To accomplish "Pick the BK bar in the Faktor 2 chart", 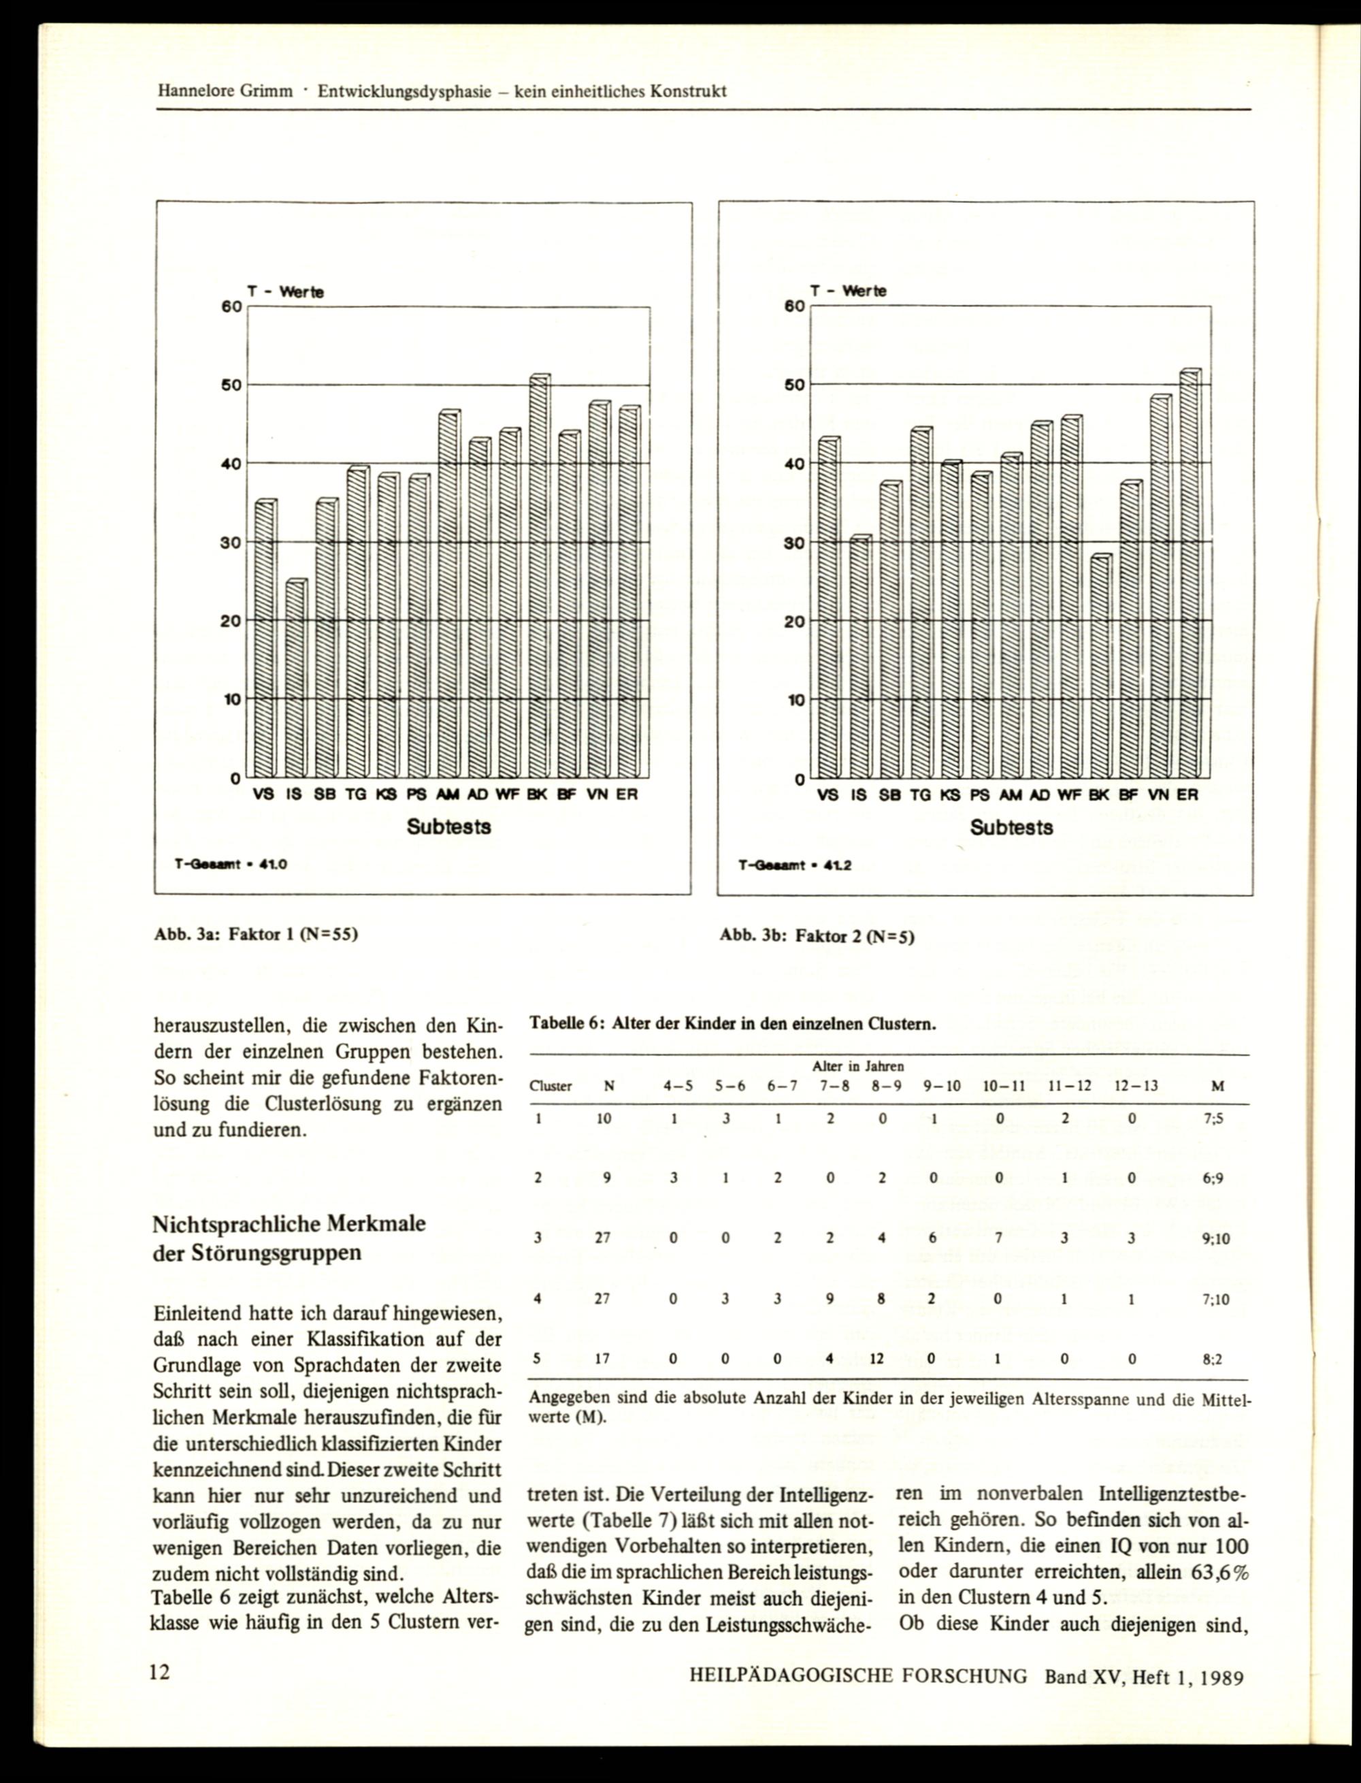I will pyautogui.click(x=1099, y=666).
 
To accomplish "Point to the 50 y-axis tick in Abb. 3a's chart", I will pyautogui.click(x=231, y=385).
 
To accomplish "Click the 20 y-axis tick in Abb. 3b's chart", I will pyautogui.click(x=796, y=622).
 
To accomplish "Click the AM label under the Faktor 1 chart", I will pyautogui.click(x=447, y=795).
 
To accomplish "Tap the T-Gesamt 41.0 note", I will pyautogui.click(x=231, y=865).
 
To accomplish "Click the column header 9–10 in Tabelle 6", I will pyautogui.click(x=941, y=1087).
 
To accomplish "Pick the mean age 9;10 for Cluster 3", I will pyautogui.click(x=1216, y=1239).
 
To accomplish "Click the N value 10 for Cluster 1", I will pyautogui.click(x=604, y=1119).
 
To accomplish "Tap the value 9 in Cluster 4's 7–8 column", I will pyautogui.click(x=830, y=1298).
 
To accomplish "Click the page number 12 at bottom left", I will pyautogui.click(x=160, y=1672).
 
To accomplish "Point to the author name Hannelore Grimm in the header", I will pyautogui.click(x=225, y=92).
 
